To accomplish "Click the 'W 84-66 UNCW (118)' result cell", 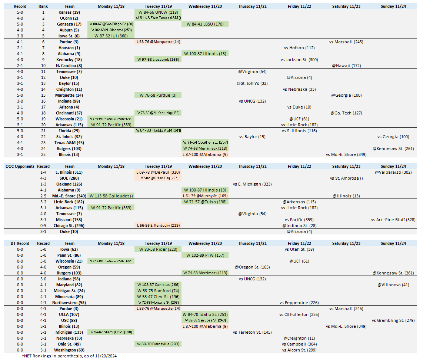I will pyautogui.click(x=158, y=12).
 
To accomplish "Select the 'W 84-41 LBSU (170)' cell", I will pyautogui.click(x=205, y=24).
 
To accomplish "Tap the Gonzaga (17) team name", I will pyautogui.click(x=69, y=24).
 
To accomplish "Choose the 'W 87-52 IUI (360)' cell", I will pyautogui.click(x=111, y=36).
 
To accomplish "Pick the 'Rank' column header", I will pyautogui.click(x=43, y=6).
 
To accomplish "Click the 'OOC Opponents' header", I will pyautogui.click(x=20, y=166).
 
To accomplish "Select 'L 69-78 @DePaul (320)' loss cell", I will pyautogui.click(x=158, y=172).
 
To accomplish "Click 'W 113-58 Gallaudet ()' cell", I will pyautogui.click(x=111, y=196).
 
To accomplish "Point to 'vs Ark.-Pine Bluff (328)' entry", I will pyautogui.click(x=393, y=220).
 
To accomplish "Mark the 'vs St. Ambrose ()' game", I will pyautogui.click(x=346, y=178).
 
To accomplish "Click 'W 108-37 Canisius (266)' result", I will pyautogui.click(x=158, y=285).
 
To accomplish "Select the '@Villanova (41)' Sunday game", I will pyautogui.click(x=393, y=285).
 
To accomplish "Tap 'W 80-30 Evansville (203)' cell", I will pyautogui.click(x=158, y=344).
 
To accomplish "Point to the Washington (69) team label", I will pyautogui.click(x=69, y=350).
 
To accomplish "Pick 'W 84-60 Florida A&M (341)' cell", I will pyautogui.click(x=158, y=131).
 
